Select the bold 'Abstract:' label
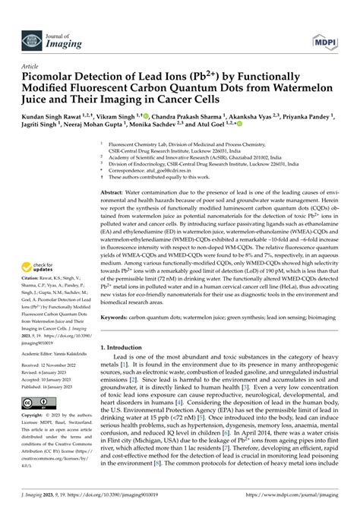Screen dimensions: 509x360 coord(113,194)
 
